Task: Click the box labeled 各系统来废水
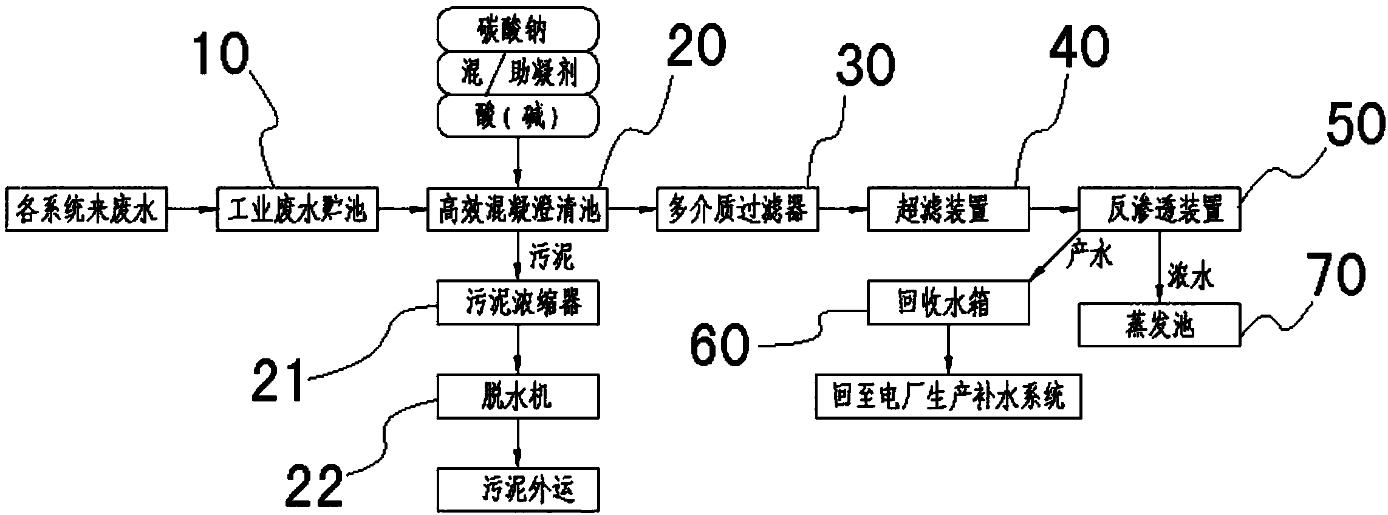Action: (x=85, y=210)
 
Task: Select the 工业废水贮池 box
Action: (x=297, y=210)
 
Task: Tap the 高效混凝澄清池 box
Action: (x=517, y=210)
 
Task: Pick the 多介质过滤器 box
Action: (x=737, y=210)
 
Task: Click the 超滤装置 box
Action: (x=948, y=210)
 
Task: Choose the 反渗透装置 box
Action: (x=1159, y=210)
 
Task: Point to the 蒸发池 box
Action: (x=1159, y=326)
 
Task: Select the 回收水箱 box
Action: (x=948, y=302)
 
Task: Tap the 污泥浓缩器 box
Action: (x=518, y=302)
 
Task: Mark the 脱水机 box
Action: (x=518, y=396)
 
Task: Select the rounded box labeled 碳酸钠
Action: (x=518, y=29)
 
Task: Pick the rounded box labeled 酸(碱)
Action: (x=518, y=114)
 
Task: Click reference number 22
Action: (x=314, y=485)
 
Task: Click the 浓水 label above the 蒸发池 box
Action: (x=1191, y=277)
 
